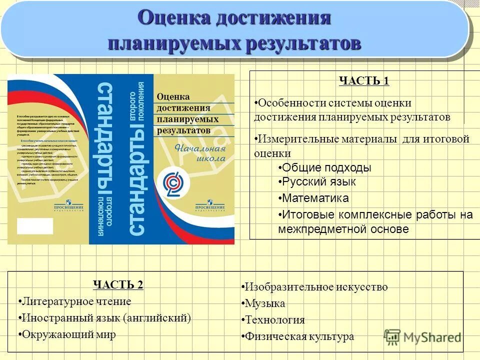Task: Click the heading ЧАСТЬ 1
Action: tap(363, 81)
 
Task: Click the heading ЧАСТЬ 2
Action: tap(118, 285)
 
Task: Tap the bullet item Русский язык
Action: tap(317, 182)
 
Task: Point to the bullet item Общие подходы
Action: tap(324, 167)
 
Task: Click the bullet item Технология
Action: tap(274, 320)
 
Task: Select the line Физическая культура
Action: tap(299, 336)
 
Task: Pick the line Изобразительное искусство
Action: tap(315, 287)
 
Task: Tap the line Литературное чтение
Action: tap(76, 301)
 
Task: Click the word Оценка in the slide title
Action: tap(173, 18)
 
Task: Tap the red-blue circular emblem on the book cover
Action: tap(173, 183)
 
